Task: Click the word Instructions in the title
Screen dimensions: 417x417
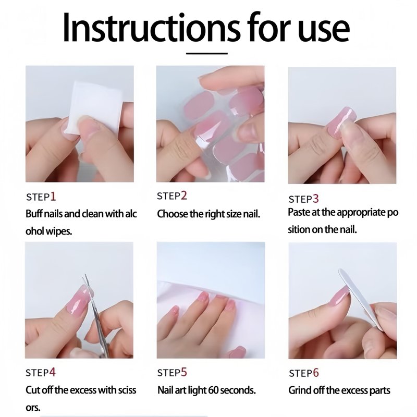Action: pos(151,27)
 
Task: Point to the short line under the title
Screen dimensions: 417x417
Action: pos(206,54)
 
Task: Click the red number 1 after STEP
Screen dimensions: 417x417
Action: pos(53,197)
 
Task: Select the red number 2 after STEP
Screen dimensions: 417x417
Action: pos(184,195)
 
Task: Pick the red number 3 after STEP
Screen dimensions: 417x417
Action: pos(315,199)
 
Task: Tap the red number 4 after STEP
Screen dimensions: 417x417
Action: pos(53,372)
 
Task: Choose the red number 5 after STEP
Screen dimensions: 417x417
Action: pos(184,372)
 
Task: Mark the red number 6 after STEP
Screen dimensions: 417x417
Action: pos(316,373)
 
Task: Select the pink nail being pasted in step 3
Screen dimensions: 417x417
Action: pos(341,122)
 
